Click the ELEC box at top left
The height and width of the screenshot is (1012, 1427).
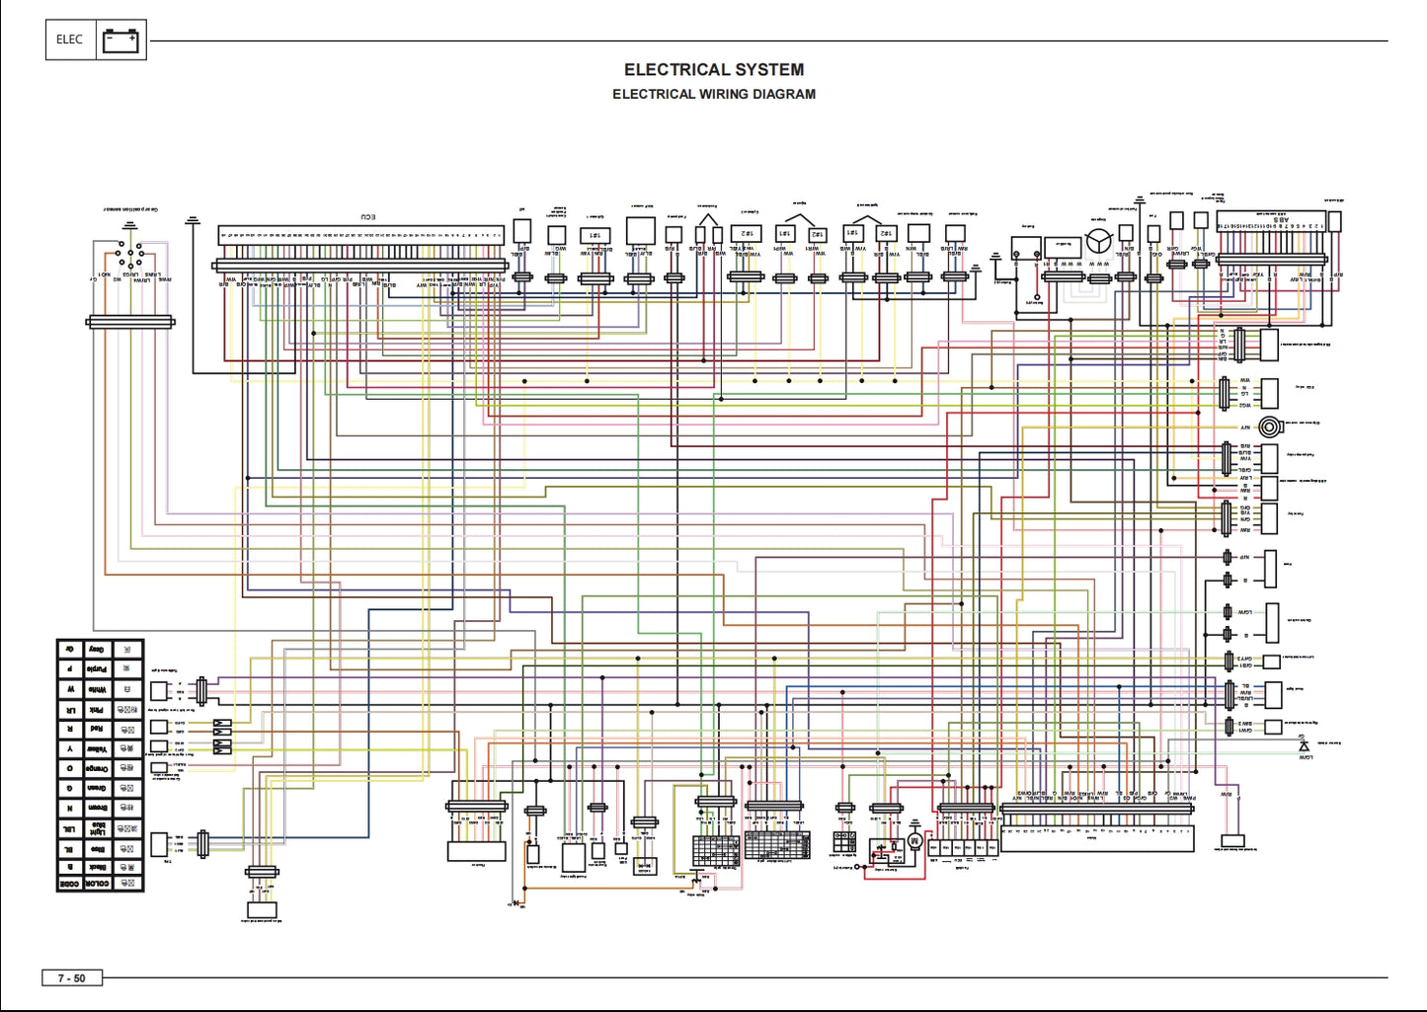[x=69, y=39]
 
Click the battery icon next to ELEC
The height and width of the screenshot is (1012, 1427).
[x=120, y=40]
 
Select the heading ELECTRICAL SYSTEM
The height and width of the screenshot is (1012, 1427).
[x=713, y=70]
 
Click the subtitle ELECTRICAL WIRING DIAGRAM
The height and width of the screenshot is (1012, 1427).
[x=713, y=95]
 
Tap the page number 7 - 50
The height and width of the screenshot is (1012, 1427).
[x=71, y=978]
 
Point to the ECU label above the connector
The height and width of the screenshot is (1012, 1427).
[x=366, y=217]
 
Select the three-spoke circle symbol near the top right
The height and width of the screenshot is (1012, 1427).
[x=1099, y=240]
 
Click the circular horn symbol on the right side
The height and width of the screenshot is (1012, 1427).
[x=1270, y=427]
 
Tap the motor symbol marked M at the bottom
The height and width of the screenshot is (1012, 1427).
[x=914, y=841]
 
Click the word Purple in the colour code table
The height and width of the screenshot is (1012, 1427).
[x=97, y=669]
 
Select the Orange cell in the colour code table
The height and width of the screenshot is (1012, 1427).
[x=97, y=768]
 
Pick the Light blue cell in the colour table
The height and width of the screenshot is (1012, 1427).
[x=97, y=828]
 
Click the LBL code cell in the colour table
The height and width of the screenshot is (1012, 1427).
[x=69, y=828]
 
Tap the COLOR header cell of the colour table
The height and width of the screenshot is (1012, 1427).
[x=97, y=883]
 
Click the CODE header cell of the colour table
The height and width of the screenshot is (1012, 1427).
[x=69, y=883]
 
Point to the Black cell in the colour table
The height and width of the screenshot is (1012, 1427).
[x=97, y=866]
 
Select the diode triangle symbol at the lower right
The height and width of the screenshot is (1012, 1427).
[x=1304, y=746]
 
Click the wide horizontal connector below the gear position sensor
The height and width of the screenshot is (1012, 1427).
[x=130, y=322]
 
